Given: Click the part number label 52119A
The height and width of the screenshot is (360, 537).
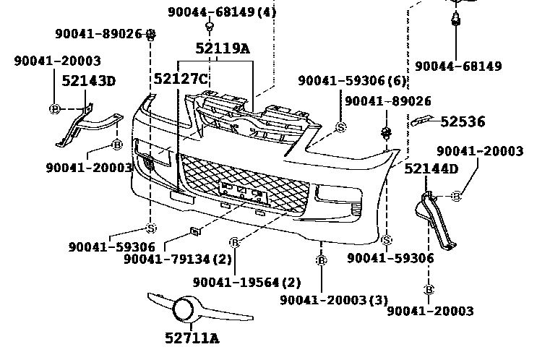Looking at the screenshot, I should click(x=222, y=48).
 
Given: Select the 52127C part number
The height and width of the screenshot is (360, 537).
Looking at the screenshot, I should click(x=181, y=78).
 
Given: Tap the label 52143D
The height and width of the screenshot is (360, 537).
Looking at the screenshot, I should click(x=88, y=80).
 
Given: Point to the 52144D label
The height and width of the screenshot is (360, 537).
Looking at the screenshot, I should click(x=431, y=169).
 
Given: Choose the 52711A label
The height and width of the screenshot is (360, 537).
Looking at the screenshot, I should click(x=191, y=336).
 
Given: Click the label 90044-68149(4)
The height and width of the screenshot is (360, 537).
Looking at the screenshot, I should click(x=222, y=12).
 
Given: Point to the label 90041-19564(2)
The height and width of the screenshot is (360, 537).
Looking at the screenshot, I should click(x=247, y=282).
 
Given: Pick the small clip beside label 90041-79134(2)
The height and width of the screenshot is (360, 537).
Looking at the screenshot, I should click(x=194, y=231).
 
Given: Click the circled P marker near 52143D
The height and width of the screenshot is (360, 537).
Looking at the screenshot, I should click(x=54, y=108).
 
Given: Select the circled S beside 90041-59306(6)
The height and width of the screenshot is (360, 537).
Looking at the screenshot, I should click(x=341, y=127).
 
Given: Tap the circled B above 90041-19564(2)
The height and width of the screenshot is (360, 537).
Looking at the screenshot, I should click(x=234, y=242).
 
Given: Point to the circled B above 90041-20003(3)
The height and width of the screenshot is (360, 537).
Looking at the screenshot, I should click(x=321, y=260).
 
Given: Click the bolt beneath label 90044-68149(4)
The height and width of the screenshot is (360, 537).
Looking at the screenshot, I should click(x=209, y=27).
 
